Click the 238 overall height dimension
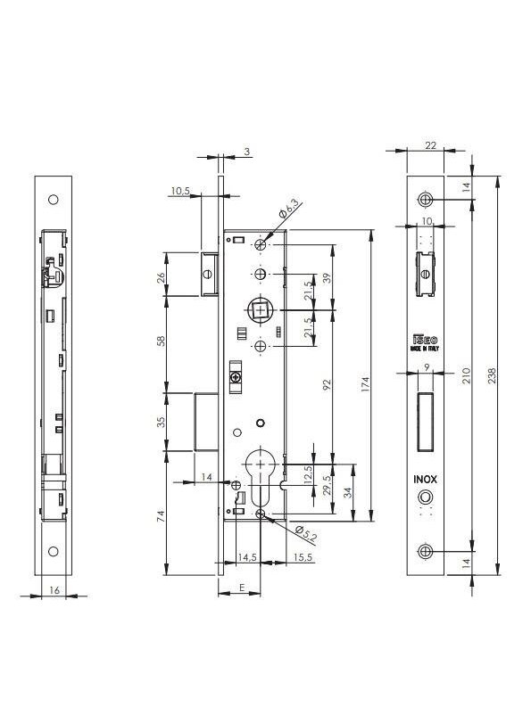492,375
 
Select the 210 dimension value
467,375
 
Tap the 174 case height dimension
365,383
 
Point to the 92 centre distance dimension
328,384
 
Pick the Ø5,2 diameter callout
306,534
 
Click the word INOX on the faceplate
426,480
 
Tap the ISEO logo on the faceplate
425,340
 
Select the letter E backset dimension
242,588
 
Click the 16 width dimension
54,590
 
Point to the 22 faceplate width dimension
431,145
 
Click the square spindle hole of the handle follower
261,310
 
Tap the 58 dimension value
162,341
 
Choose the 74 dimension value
162,516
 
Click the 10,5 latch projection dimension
180,191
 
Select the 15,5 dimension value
303,557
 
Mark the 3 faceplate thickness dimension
247,152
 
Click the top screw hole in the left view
54,200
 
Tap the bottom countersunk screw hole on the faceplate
425,551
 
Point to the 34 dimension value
347,492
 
